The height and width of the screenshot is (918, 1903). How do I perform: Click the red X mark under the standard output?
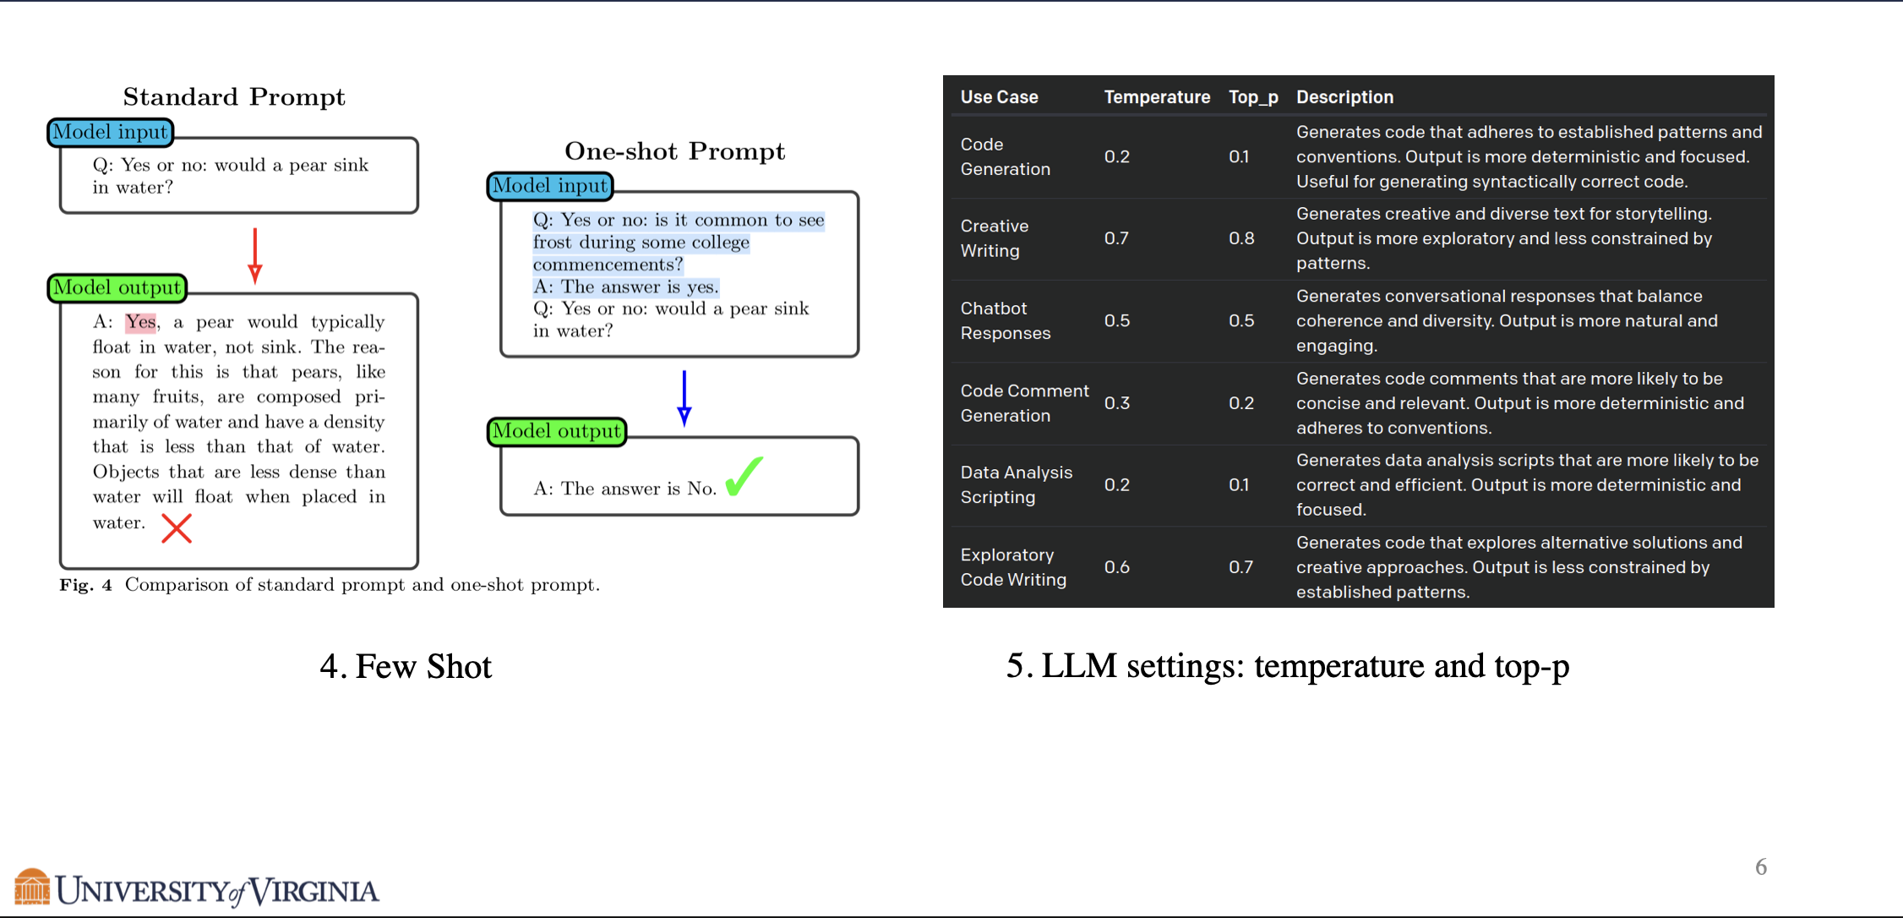pos(177,529)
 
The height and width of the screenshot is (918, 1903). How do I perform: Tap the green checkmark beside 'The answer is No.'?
pos(744,476)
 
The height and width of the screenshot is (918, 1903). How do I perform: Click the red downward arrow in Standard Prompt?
pos(255,255)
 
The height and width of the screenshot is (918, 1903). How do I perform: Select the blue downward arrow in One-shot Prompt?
pos(684,398)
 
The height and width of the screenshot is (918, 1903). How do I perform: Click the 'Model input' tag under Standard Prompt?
pos(111,132)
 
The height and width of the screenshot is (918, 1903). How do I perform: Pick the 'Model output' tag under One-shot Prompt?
pos(557,431)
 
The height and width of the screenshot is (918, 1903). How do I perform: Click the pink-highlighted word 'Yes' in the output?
pos(141,322)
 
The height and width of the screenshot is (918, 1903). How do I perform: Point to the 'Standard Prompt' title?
pos(234,96)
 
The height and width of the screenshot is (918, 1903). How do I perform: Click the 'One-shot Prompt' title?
pos(675,150)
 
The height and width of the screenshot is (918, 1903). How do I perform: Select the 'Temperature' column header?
pos(1157,97)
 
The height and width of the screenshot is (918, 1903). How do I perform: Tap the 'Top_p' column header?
pos(1253,97)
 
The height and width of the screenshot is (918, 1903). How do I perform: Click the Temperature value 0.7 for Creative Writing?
pos(1116,238)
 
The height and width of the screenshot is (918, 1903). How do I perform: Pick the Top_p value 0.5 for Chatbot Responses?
pos(1241,320)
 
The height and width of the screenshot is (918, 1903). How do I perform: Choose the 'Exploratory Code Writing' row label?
pos(1013,567)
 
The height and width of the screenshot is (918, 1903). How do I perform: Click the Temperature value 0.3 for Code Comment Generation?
pos(1116,403)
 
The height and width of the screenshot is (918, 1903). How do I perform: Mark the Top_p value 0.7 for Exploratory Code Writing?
pos(1240,567)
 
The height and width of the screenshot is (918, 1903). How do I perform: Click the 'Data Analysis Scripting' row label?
pos(1017,485)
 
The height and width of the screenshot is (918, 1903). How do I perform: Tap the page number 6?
pos(1761,867)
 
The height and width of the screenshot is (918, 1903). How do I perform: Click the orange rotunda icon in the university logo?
pos(32,887)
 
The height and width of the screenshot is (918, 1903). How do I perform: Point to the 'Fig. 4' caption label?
pos(85,585)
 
